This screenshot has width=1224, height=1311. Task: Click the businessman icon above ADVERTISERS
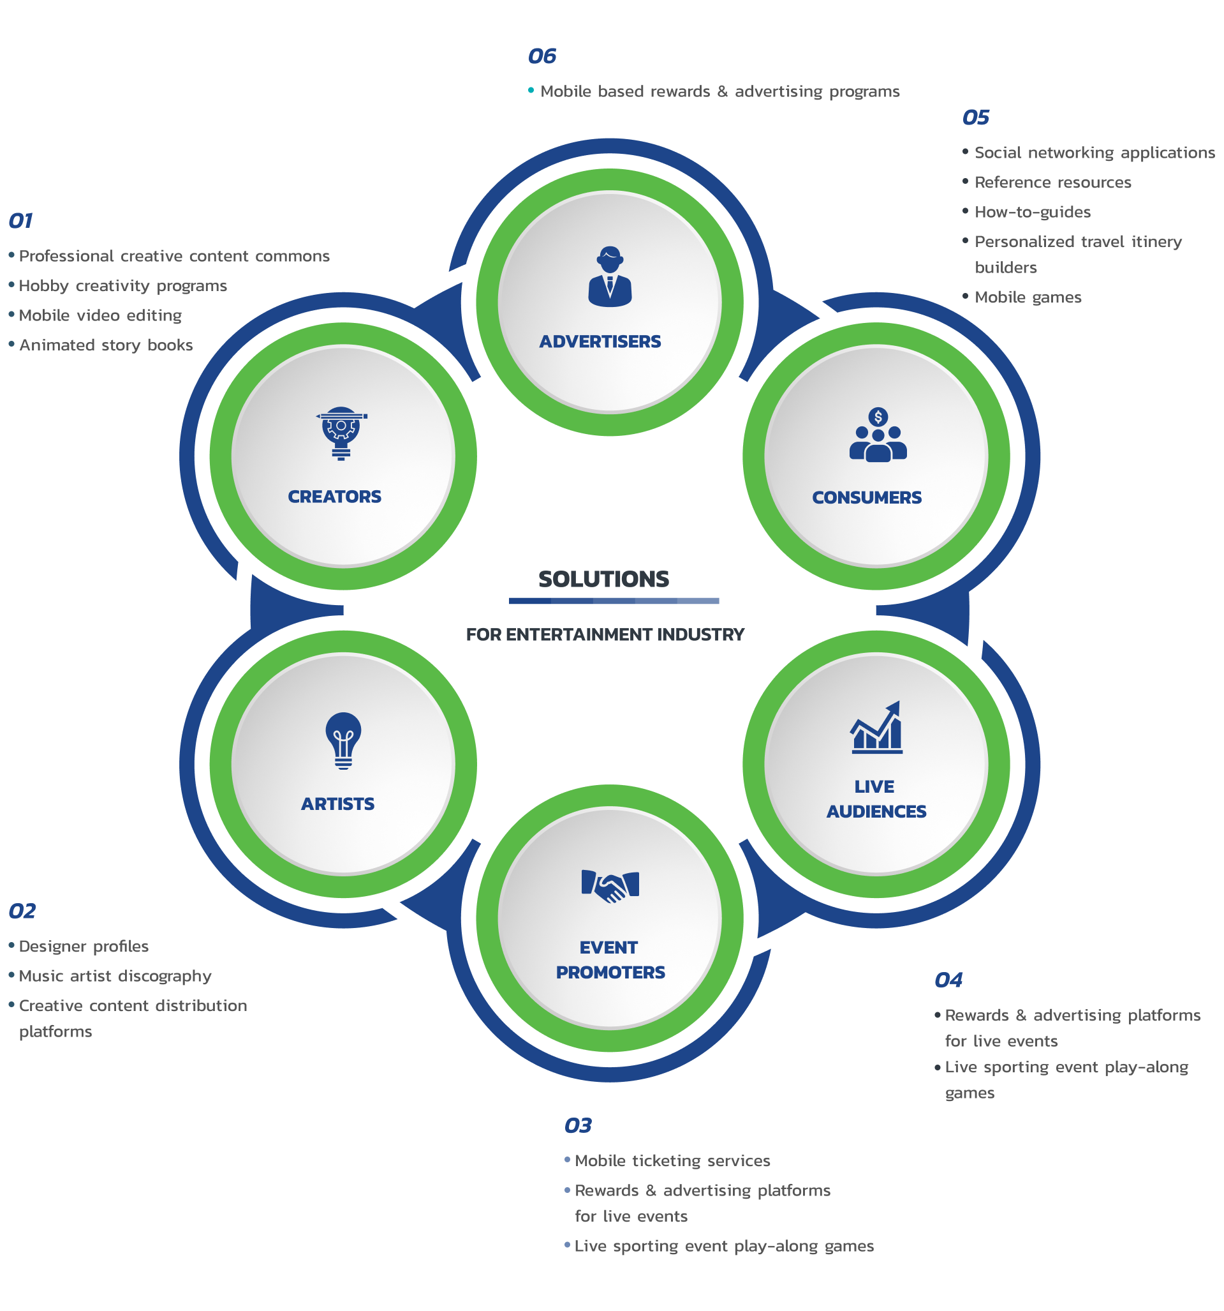point(610,277)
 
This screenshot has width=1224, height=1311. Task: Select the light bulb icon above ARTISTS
point(343,740)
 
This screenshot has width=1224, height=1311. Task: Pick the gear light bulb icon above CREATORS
point(341,433)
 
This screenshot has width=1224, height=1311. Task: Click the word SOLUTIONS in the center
point(604,579)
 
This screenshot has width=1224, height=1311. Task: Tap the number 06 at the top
point(542,56)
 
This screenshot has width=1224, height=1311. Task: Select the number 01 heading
point(20,221)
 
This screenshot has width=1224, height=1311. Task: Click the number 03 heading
point(578,1126)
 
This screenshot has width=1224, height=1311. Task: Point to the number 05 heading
point(975,117)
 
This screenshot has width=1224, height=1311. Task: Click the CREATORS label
point(335,497)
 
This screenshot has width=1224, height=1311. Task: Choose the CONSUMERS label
point(867,498)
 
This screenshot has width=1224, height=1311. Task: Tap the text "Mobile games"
point(1028,297)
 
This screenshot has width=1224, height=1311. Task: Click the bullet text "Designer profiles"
point(84,947)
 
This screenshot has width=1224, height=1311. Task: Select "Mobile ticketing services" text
point(672,1160)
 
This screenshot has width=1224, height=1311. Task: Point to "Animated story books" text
point(106,345)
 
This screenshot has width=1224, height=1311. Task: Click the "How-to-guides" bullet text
point(1033,213)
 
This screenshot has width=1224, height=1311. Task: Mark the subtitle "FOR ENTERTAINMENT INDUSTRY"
point(605,634)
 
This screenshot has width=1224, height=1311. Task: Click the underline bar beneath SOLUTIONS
point(614,601)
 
